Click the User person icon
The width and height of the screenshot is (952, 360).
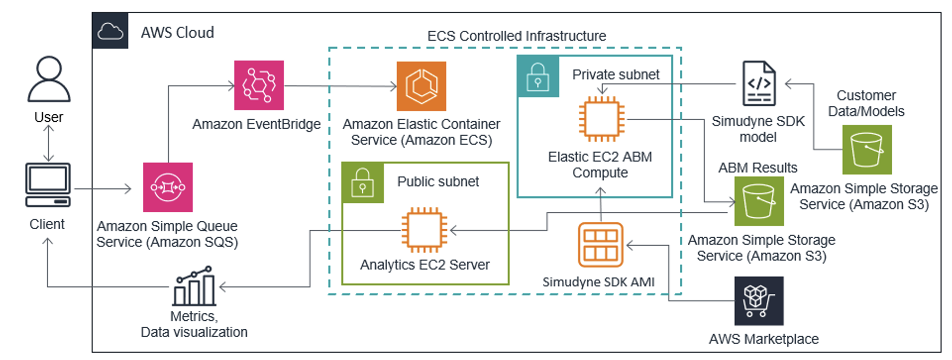pos(49,79)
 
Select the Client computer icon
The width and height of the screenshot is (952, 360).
pos(48,184)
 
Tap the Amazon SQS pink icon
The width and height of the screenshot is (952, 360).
pos(168,187)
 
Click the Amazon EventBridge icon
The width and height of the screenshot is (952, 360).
pos(259,85)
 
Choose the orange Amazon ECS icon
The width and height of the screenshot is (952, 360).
pos(421,86)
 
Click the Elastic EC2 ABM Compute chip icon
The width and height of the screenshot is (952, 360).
pos(601,119)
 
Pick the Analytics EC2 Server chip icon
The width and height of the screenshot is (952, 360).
pos(424,230)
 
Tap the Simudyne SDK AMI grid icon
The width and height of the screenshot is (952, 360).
pos(600,245)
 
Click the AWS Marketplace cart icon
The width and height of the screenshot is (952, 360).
pos(759,301)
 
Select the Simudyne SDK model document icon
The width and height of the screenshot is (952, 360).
pos(759,84)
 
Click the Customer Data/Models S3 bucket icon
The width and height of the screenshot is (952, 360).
pos(867,150)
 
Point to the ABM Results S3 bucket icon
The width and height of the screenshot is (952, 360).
pos(759,201)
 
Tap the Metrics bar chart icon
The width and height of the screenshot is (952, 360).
pos(194,286)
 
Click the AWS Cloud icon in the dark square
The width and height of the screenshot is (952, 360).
pos(110,31)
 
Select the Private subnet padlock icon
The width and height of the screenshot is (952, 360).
pos(538,77)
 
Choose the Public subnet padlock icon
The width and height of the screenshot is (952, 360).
pos(363,183)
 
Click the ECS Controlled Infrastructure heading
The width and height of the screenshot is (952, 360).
pos(516,36)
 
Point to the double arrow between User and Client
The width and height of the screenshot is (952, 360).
pos(48,143)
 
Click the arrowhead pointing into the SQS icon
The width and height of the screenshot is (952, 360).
pos(128,188)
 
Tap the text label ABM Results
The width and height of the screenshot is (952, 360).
pos(757,168)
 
